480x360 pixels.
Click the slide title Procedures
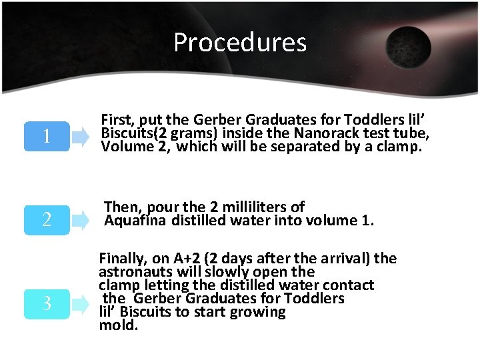click(240, 43)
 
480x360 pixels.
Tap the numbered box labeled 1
click(47, 137)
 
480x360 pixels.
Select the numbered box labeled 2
click(47, 219)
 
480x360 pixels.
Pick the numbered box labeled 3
click(47, 303)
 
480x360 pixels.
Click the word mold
click(117, 325)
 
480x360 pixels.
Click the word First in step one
click(117, 119)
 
